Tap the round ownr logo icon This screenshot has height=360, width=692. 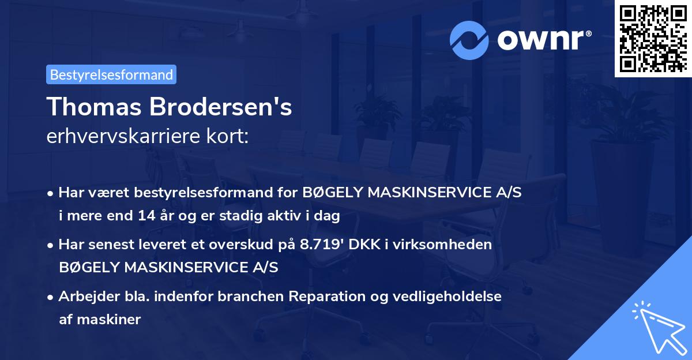(x=469, y=40)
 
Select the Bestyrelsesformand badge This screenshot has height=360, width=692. (x=111, y=74)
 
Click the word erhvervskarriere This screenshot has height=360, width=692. (x=122, y=137)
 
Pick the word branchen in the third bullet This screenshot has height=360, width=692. (x=254, y=297)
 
